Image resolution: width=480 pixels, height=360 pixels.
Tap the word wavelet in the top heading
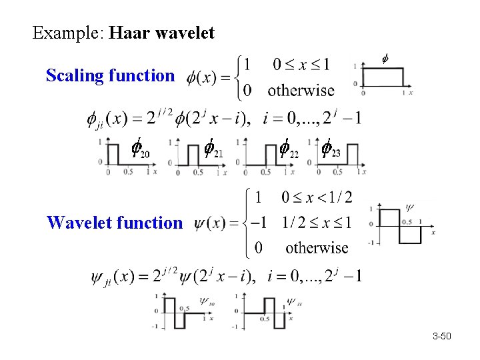(x=186, y=33)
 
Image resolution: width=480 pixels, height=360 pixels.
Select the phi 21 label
(x=212, y=150)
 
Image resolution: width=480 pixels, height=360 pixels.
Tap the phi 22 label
(x=287, y=150)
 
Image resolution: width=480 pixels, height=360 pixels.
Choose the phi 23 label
(x=330, y=150)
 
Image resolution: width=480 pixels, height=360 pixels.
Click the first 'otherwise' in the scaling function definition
(x=301, y=90)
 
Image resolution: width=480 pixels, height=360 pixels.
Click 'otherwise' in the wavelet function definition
(x=317, y=248)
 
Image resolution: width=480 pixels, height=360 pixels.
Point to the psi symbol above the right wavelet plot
(x=409, y=207)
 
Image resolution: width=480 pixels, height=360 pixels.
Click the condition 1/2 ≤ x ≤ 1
(x=317, y=222)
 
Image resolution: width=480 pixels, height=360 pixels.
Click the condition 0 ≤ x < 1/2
(x=317, y=197)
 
